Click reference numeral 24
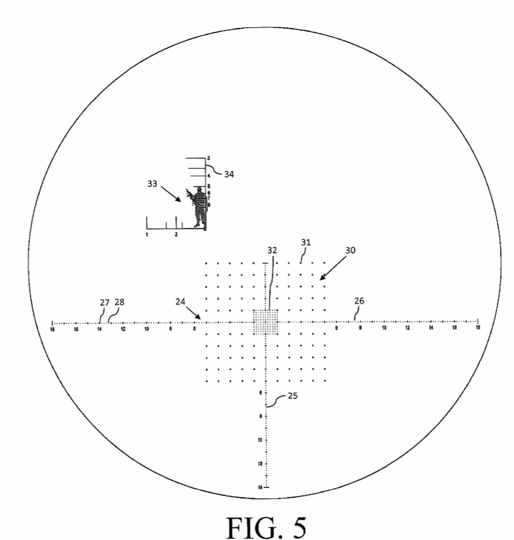[x=180, y=302]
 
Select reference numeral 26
[x=359, y=302]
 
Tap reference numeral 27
[x=104, y=302]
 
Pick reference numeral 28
[x=119, y=302]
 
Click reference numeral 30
[x=350, y=250]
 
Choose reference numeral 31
[x=306, y=243]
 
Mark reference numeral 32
[x=272, y=250]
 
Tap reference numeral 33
[x=152, y=184]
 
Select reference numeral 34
[x=229, y=174]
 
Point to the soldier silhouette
[x=200, y=206]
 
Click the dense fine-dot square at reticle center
[x=265, y=322]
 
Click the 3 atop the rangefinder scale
[x=209, y=158]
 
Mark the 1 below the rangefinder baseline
[x=147, y=234]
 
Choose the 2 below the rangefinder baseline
[x=176, y=234]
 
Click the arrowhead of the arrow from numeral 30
[x=321, y=279]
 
